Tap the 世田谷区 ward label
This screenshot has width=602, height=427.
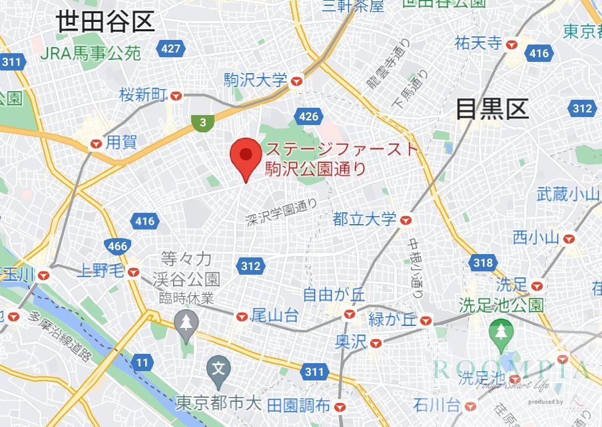click(105, 23)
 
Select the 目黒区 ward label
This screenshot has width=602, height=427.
click(491, 108)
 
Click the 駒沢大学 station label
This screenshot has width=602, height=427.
click(256, 81)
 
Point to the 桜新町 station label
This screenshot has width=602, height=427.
click(143, 95)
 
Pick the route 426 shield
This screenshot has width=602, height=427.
click(309, 118)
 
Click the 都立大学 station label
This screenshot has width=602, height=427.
click(364, 219)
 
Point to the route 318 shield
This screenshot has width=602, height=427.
click(483, 263)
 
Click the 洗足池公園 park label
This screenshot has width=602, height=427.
click(501, 305)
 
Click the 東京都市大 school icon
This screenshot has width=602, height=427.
click(218, 366)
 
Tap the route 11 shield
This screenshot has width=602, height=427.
click(142, 362)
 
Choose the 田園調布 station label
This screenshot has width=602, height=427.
click(298, 405)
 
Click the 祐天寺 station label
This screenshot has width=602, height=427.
click(477, 44)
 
